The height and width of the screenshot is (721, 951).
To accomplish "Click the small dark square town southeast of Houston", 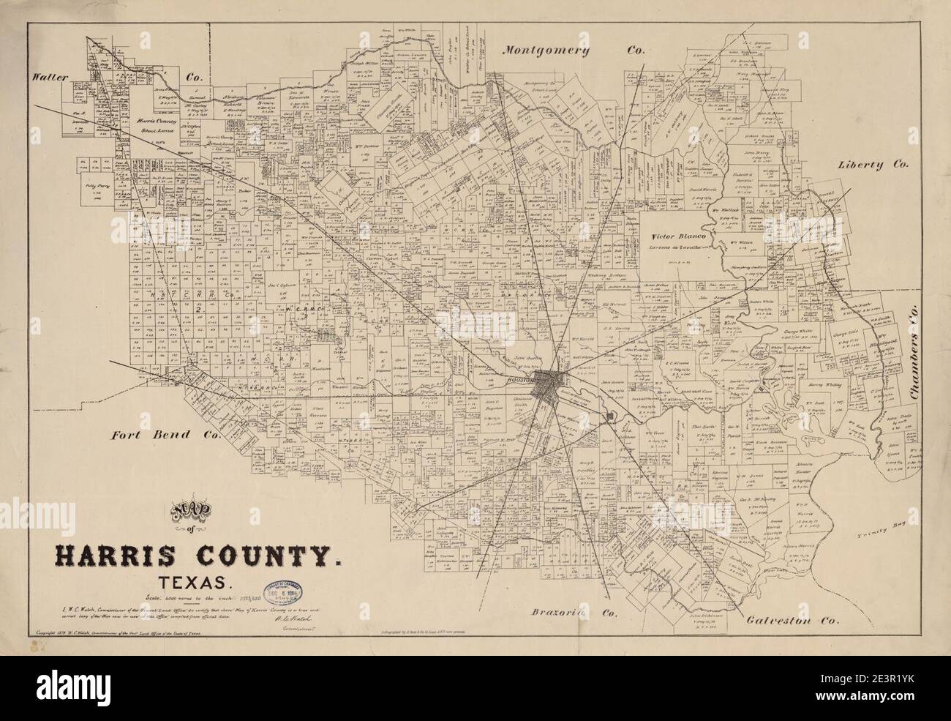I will click(x=610, y=417).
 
